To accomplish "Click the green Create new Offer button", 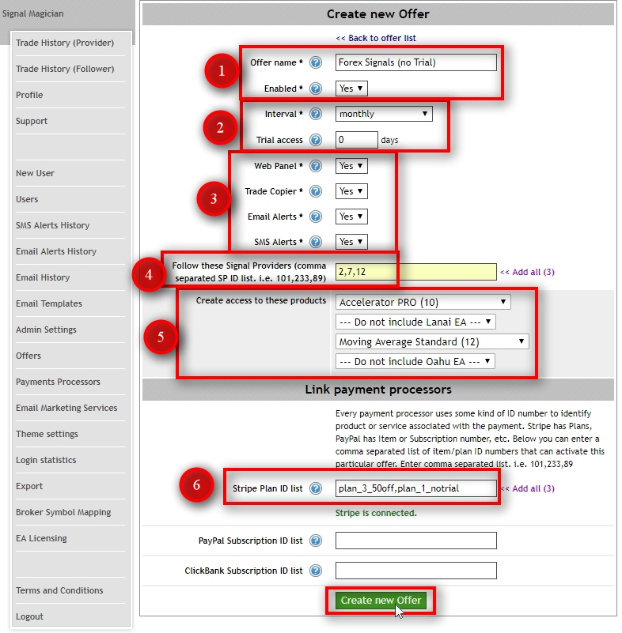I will click(x=381, y=601).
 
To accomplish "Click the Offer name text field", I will click(x=416, y=62).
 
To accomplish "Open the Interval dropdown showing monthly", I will click(x=384, y=114).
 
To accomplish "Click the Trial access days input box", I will click(x=356, y=140).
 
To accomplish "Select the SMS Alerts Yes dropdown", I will click(x=351, y=242).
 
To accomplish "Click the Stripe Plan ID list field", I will click(x=416, y=488).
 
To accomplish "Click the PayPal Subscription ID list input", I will click(x=416, y=541).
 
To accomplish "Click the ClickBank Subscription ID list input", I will click(x=416, y=571).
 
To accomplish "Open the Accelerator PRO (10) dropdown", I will click(x=423, y=302).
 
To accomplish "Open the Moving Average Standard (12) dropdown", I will click(x=432, y=341).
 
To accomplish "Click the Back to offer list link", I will click(x=376, y=38).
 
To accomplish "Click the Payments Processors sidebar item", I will click(x=58, y=382).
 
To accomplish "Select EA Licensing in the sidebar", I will click(x=41, y=538).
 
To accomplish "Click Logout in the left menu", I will click(x=29, y=616).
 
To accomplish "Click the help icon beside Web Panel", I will click(x=316, y=166).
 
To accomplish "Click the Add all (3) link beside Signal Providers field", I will click(x=527, y=272).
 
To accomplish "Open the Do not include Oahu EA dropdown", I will click(x=415, y=361).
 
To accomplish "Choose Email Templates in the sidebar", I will click(x=49, y=303).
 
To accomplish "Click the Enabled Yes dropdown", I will click(x=351, y=89).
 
